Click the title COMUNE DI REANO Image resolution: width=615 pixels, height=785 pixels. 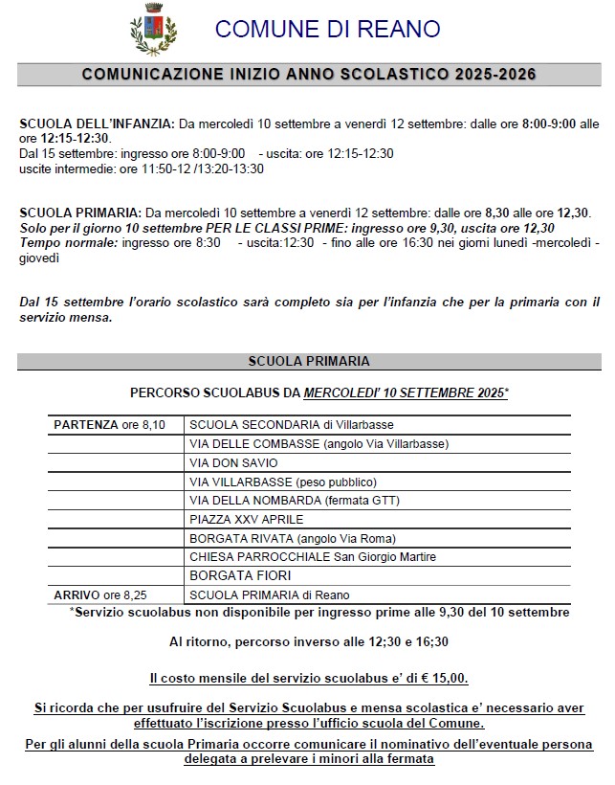pyautogui.click(x=328, y=29)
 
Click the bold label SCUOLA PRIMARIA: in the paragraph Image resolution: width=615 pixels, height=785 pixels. pyautogui.click(x=80, y=212)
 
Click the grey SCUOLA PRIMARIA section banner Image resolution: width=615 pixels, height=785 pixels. pyautogui.click(x=308, y=361)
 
